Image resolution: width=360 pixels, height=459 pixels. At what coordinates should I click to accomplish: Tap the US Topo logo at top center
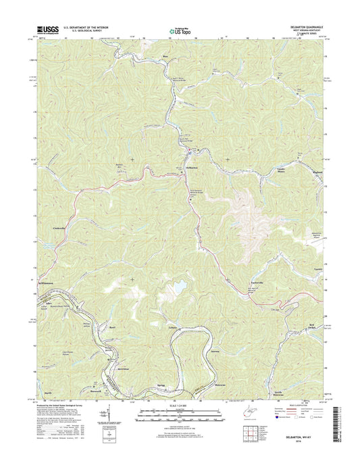[180, 30]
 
